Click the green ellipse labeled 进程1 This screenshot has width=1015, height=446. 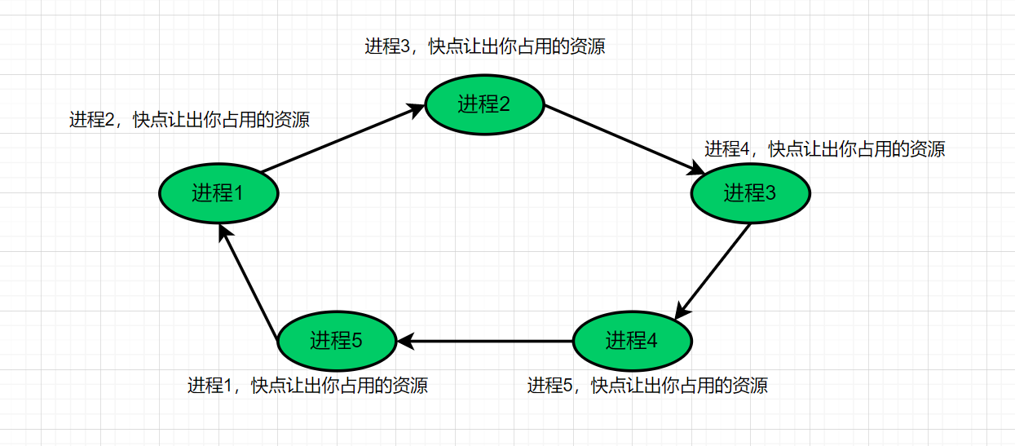click(x=218, y=193)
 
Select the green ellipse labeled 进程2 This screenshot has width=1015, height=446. click(x=484, y=104)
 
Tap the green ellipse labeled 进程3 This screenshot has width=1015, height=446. click(x=750, y=193)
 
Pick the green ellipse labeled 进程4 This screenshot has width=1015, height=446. click(x=633, y=341)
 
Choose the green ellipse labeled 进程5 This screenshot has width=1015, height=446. click(x=338, y=341)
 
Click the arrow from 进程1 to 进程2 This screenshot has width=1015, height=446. click(x=343, y=138)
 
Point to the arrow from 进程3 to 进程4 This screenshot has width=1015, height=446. click(x=713, y=272)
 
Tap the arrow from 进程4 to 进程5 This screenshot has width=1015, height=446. click(x=485, y=341)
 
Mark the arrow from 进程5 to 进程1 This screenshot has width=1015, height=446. click(x=249, y=281)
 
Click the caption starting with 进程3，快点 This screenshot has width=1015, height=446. click(x=485, y=46)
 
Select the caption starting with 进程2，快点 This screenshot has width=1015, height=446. click(x=189, y=120)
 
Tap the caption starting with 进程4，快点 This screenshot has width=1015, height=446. click(x=825, y=149)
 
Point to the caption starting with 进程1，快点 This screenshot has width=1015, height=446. click(x=307, y=386)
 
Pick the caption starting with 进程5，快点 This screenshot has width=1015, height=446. click(x=647, y=386)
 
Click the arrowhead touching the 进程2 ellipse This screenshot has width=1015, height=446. click(x=416, y=110)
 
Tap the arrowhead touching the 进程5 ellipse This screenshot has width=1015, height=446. click(x=406, y=341)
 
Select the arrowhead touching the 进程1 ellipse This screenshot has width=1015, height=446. click(x=225, y=233)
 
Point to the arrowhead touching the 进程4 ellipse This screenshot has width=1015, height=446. click(x=682, y=311)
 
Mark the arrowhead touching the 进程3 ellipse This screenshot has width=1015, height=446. click(x=696, y=168)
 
